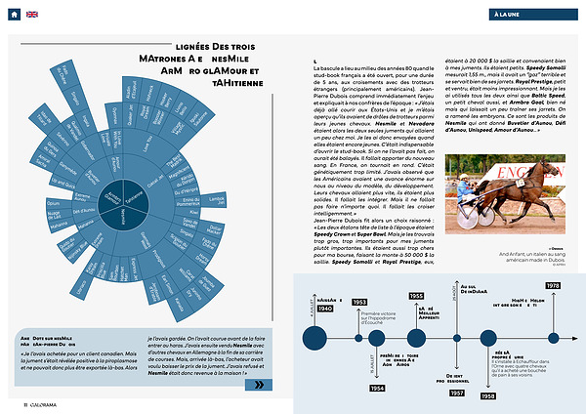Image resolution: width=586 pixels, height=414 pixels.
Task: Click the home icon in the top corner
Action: (14, 14)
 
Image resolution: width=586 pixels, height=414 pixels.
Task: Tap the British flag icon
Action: (32, 14)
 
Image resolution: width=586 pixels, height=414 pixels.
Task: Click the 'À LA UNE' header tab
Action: (524, 15)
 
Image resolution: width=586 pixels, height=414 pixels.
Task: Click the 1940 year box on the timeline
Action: (324, 310)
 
